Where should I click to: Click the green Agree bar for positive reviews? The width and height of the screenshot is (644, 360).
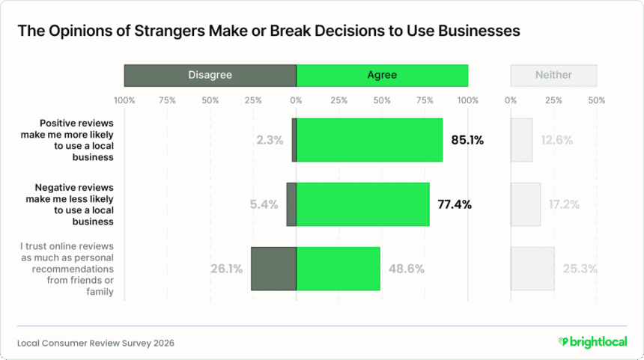coord(369,140)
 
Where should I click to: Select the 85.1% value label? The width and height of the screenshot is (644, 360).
coord(467,140)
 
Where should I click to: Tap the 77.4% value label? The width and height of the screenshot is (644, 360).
coord(454,204)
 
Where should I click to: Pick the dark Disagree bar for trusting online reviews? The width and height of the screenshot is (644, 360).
coord(273,269)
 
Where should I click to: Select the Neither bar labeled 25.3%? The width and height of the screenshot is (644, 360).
coord(532,269)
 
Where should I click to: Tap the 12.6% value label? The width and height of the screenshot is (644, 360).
coord(556,140)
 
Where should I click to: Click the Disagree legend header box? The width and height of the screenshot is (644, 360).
coord(210,75)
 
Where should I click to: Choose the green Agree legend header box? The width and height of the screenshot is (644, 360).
coord(382,75)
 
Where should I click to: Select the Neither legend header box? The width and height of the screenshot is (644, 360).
coord(553,75)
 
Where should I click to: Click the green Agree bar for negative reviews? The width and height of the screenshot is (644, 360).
coord(363,204)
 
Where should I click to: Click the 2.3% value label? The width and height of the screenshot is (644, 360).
coord(269,140)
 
